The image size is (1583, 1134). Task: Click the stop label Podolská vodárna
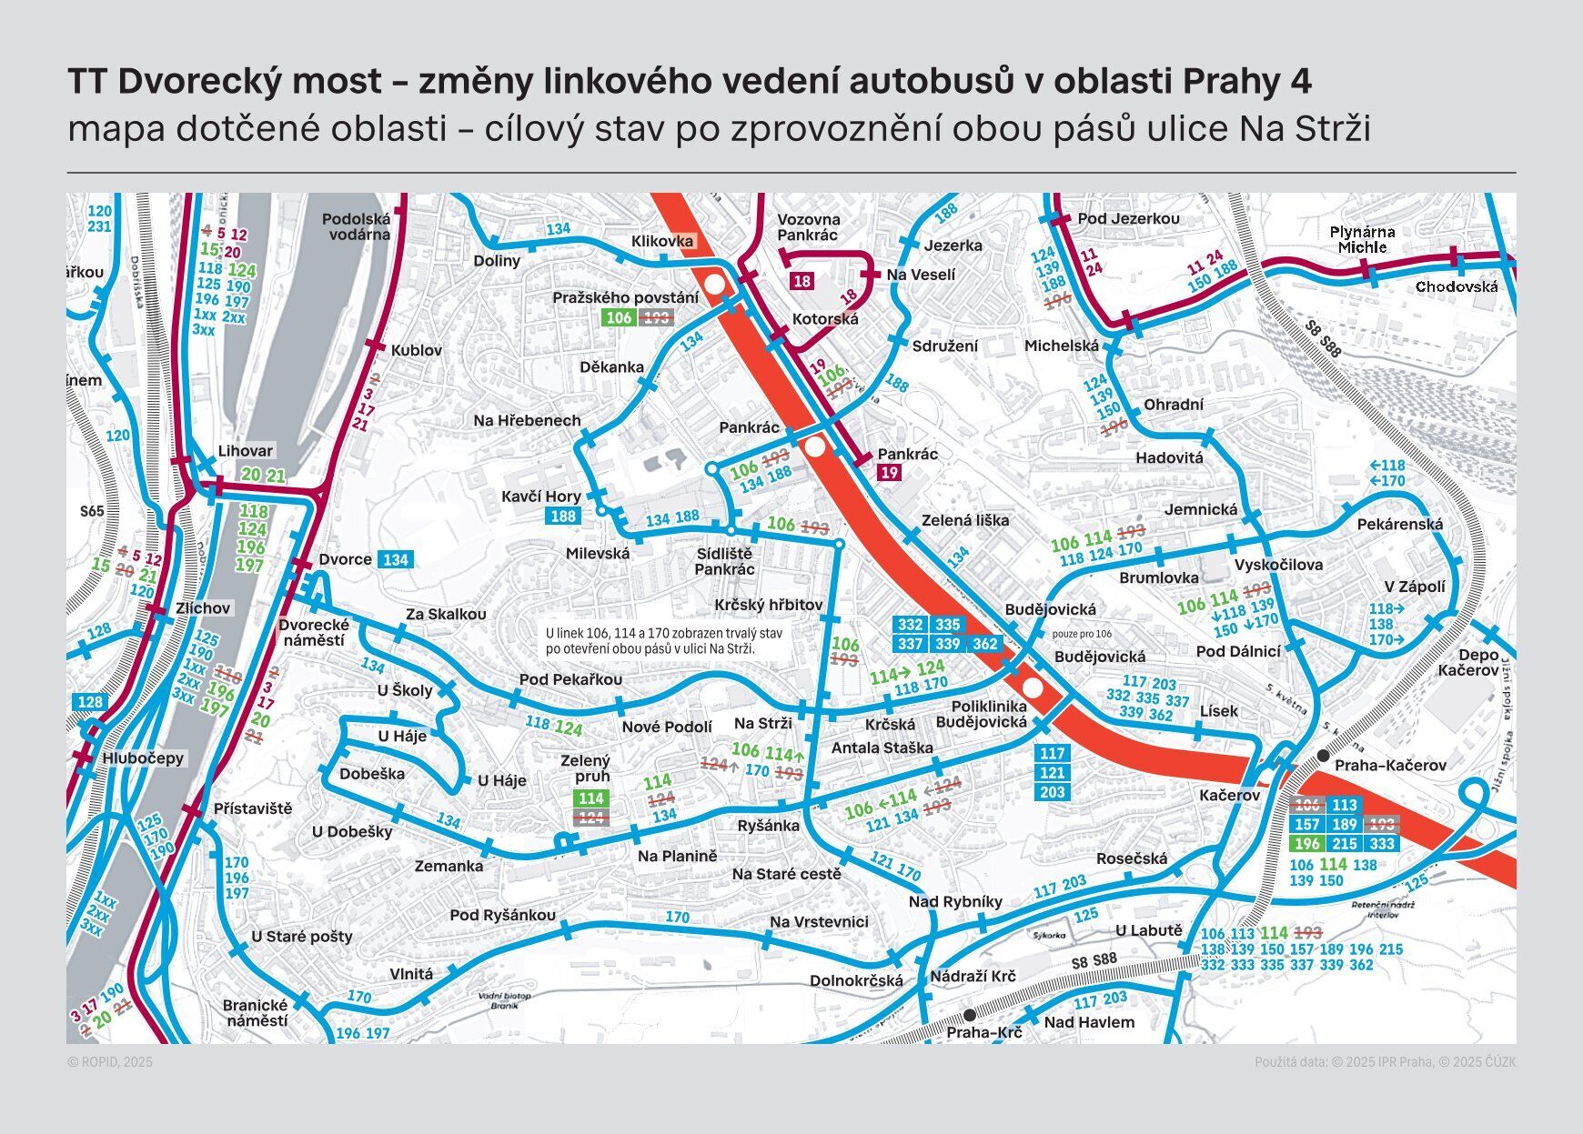pos(356,226)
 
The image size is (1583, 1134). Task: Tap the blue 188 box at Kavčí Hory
pos(563,517)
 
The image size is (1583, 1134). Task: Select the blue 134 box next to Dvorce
pos(395,560)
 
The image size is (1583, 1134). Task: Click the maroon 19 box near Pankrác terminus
pos(890,472)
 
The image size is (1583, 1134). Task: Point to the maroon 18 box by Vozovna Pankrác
pos(802,281)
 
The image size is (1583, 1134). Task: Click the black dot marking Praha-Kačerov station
pos(1322,757)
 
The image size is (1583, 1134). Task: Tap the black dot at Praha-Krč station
pos(970,1014)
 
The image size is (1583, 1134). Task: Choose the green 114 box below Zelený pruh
pos(591,798)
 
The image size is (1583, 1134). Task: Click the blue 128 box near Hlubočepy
pos(90,702)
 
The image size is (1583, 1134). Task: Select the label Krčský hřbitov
pos(769,605)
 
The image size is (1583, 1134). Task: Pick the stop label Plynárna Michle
pos(1362,239)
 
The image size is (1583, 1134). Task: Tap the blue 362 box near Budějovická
pos(984,644)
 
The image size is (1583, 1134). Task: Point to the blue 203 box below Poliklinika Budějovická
pos(1052,792)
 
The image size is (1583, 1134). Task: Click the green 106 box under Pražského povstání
pos(619,317)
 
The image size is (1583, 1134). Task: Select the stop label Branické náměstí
pos(255,1012)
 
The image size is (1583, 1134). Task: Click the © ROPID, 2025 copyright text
pos(110,1062)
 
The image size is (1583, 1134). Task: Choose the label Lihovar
pos(245,451)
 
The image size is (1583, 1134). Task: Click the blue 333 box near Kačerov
pos(1382,843)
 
